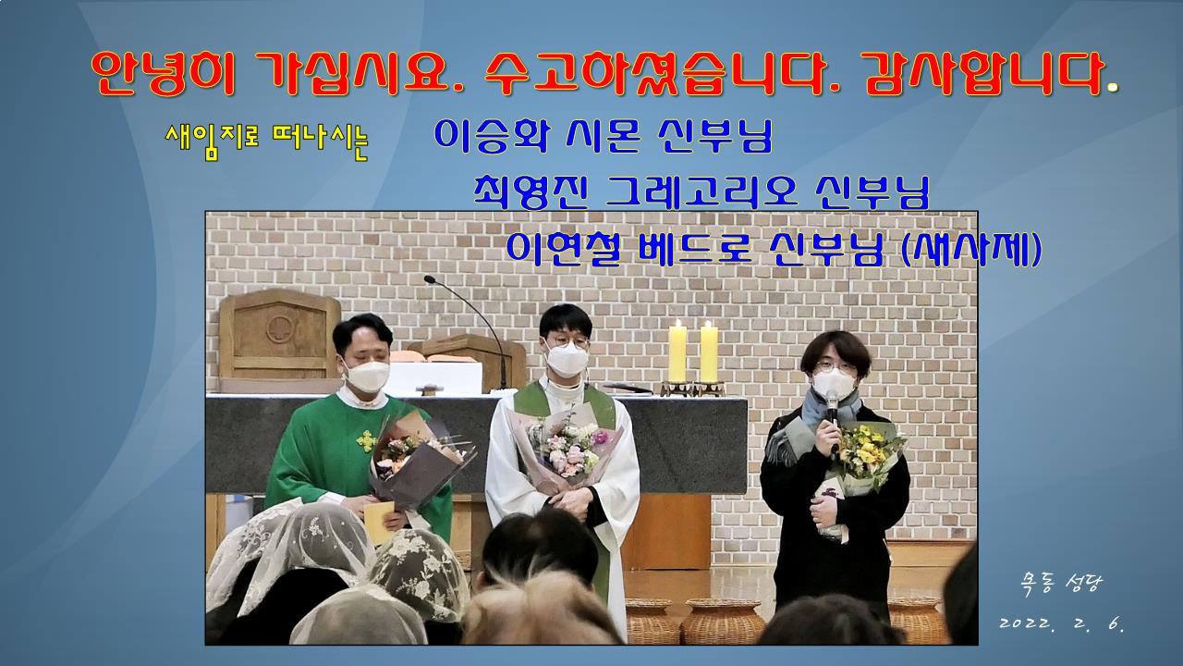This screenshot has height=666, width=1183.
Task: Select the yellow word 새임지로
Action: pos(212,139)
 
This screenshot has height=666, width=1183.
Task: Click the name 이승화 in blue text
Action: pos(490,136)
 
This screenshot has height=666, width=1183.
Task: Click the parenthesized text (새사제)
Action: pos(970,249)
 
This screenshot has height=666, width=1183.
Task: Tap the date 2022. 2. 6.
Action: pos(1062,623)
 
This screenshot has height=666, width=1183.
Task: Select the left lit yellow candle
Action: pos(677,353)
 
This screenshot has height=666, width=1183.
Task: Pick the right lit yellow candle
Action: pos(709,353)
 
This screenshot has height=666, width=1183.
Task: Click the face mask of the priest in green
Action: pos(366,376)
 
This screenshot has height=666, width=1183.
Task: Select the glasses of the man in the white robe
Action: pos(567,342)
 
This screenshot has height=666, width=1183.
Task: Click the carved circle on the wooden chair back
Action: pos(280,329)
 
